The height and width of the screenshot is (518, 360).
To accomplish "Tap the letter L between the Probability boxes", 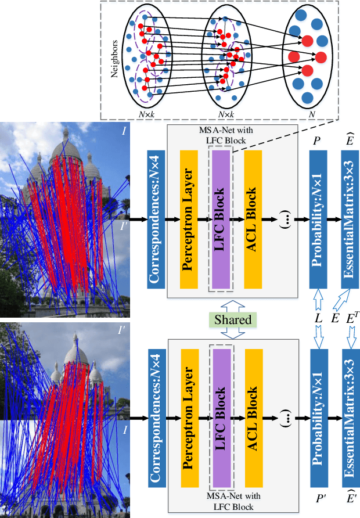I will [x=318, y=320].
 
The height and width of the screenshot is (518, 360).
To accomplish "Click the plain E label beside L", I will [x=336, y=320].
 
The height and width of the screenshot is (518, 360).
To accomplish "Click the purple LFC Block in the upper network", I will [x=221, y=219].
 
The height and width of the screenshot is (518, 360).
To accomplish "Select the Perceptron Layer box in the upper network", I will [x=189, y=219].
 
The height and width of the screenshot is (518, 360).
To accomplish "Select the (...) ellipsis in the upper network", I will [x=286, y=220].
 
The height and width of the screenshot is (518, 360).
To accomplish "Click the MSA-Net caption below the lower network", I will [x=233, y=501].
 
